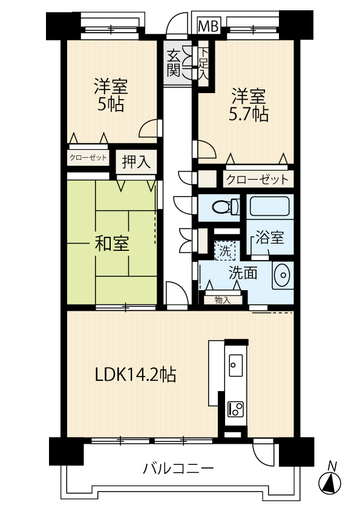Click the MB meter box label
click(209, 25)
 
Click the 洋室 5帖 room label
click(111, 95)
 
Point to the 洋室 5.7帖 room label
click(249, 105)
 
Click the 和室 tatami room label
click(112, 243)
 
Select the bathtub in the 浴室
click(270, 206)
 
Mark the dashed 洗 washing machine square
click(225, 251)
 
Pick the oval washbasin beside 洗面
click(283, 275)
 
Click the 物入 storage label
click(223, 300)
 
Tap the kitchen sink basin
click(236, 365)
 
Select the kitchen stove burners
click(236, 409)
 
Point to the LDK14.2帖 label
click(136, 374)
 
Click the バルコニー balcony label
click(178, 468)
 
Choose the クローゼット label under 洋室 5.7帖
click(257, 179)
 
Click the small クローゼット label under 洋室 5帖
click(88, 158)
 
